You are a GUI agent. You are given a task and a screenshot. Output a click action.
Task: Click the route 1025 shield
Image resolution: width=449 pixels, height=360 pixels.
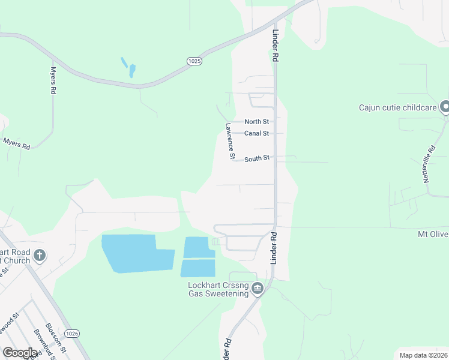click(x=194, y=61)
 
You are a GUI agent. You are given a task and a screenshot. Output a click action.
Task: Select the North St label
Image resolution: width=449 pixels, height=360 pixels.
click(x=256, y=122)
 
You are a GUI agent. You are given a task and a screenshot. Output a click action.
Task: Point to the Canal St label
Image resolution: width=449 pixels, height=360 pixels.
click(x=257, y=133)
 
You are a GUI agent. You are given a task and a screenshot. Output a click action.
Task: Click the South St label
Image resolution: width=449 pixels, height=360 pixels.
click(x=256, y=158)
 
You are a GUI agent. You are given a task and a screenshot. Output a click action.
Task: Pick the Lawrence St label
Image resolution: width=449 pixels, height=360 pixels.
click(x=229, y=141)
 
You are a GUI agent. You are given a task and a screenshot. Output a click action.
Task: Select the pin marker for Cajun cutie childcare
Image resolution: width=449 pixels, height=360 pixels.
click(x=445, y=107)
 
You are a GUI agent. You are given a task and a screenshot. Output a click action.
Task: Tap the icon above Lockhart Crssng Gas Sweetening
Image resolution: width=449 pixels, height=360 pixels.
click(x=258, y=289)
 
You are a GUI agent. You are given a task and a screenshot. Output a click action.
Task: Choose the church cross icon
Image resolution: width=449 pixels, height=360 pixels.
click(x=40, y=256)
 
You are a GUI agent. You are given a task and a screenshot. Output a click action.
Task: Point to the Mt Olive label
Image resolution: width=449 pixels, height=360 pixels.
click(x=433, y=233)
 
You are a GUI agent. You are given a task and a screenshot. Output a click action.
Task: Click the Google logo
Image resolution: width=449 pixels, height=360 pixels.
click(x=20, y=353)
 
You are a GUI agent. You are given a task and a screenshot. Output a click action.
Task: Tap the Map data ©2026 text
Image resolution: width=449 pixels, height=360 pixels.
click(x=423, y=355)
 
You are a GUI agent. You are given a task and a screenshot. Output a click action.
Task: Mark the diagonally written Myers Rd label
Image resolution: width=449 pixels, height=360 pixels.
click(x=17, y=143)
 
